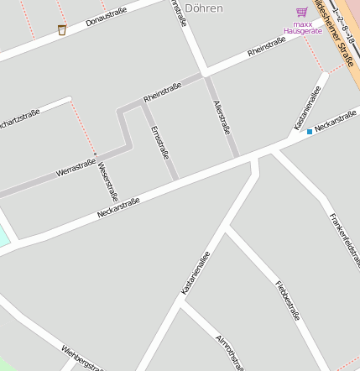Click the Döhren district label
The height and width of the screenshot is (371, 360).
coord(203,8)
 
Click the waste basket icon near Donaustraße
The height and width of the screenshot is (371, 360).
coord(62,30)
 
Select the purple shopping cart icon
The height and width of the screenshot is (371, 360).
coord(301,12)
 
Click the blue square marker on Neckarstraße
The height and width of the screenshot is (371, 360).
coord(309,132)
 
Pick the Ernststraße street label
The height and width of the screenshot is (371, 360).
coord(159,143)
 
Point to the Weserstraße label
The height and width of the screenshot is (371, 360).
coord(108,180)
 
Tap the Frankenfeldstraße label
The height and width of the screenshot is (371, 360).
coord(344,238)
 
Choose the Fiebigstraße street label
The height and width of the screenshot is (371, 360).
coord(287,300)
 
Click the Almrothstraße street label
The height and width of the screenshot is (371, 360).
coord(229,351)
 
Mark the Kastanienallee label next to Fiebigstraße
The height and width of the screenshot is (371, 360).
coord(196,272)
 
